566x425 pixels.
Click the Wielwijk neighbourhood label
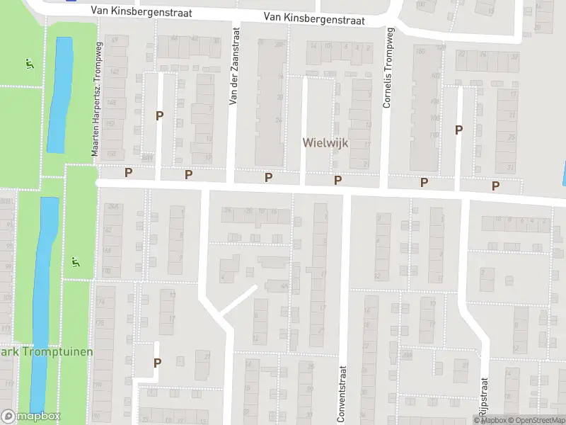pos(325,142)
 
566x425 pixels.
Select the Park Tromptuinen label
pos(47,351)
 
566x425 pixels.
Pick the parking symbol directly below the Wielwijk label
pos(338,181)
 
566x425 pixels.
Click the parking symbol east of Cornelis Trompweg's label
pos(458,130)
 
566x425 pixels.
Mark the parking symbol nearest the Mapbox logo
pos(157,362)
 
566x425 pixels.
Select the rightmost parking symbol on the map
pos(496,186)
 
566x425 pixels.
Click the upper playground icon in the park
pos(28,64)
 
